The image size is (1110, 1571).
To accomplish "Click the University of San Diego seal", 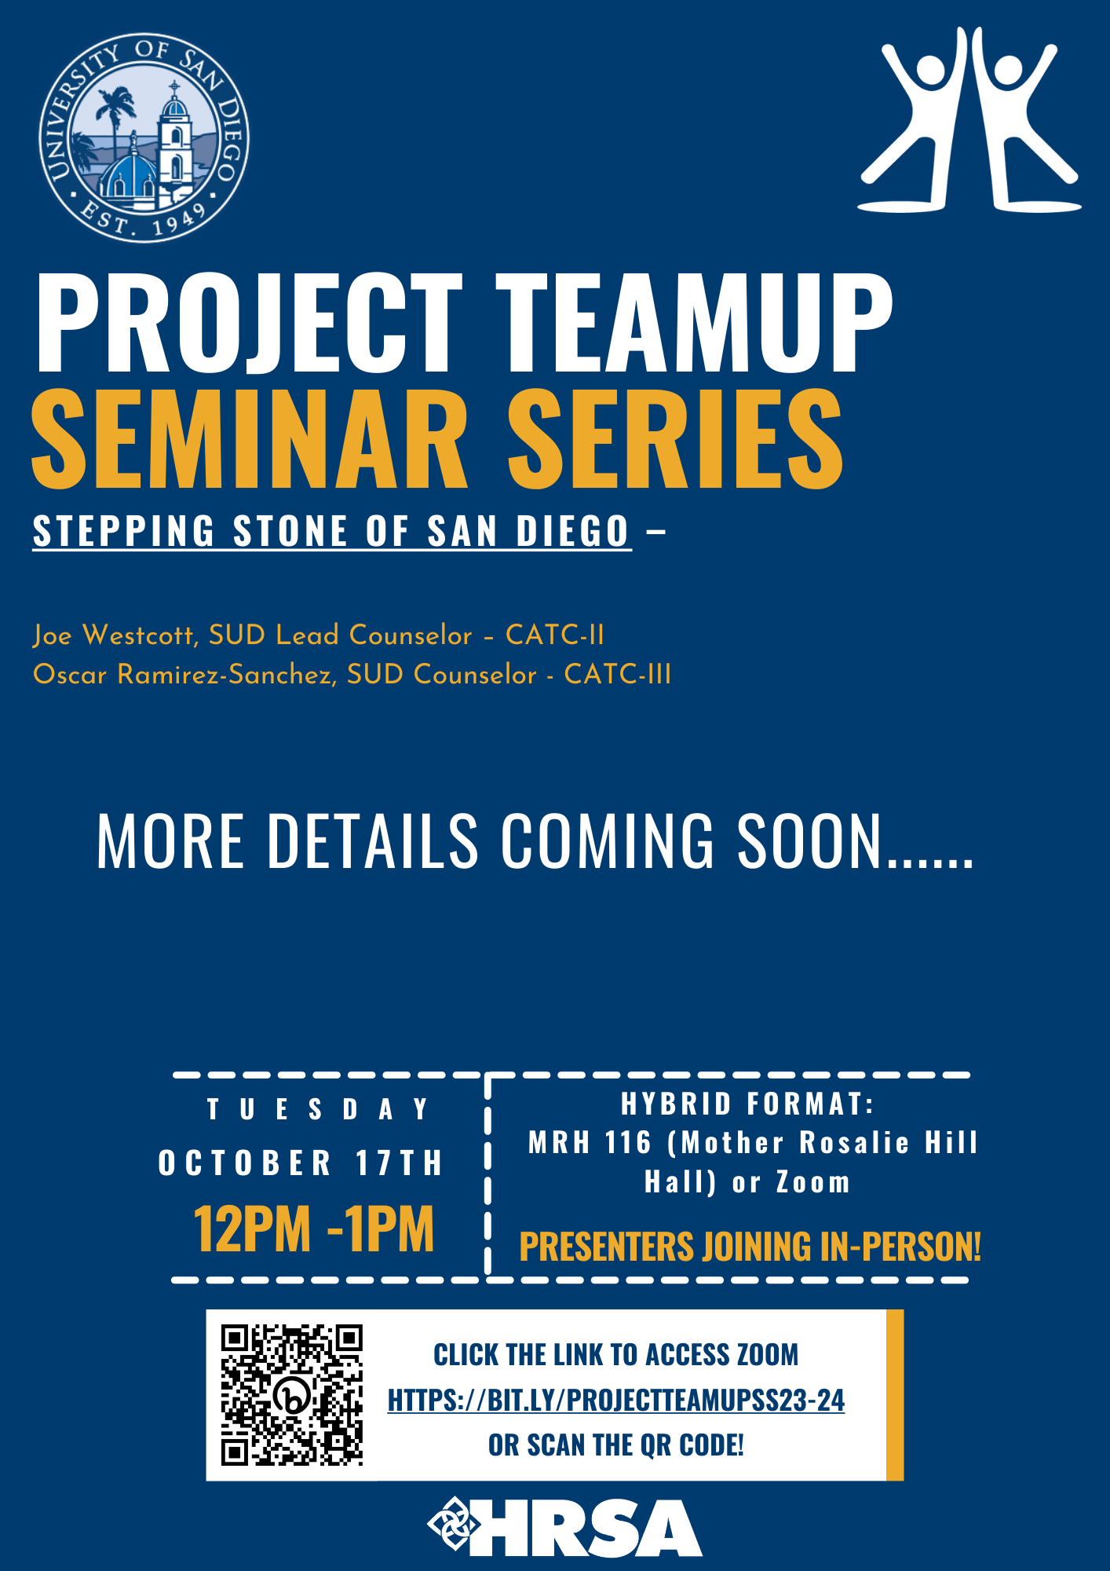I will [x=144, y=138].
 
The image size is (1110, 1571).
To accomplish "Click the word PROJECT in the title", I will [x=249, y=323].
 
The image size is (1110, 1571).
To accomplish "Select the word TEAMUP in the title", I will [x=694, y=323].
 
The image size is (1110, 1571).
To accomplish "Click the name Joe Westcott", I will [x=115, y=635].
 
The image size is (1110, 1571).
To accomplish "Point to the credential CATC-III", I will [x=618, y=675].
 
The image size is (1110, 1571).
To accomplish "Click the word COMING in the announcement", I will [x=608, y=841].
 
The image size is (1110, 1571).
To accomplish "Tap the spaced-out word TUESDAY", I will [x=318, y=1109].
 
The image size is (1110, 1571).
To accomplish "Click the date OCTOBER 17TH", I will [x=301, y=1163].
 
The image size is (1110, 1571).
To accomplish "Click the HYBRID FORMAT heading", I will [x=747, y=1104].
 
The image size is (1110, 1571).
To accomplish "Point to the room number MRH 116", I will [x=590, y=1143].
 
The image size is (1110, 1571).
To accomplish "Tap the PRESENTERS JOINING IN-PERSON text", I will [x=750, y=1247].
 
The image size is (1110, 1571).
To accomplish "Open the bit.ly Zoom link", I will [x=616, y=1401].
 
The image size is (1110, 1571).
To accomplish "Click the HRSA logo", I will [x=565, y=1528].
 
